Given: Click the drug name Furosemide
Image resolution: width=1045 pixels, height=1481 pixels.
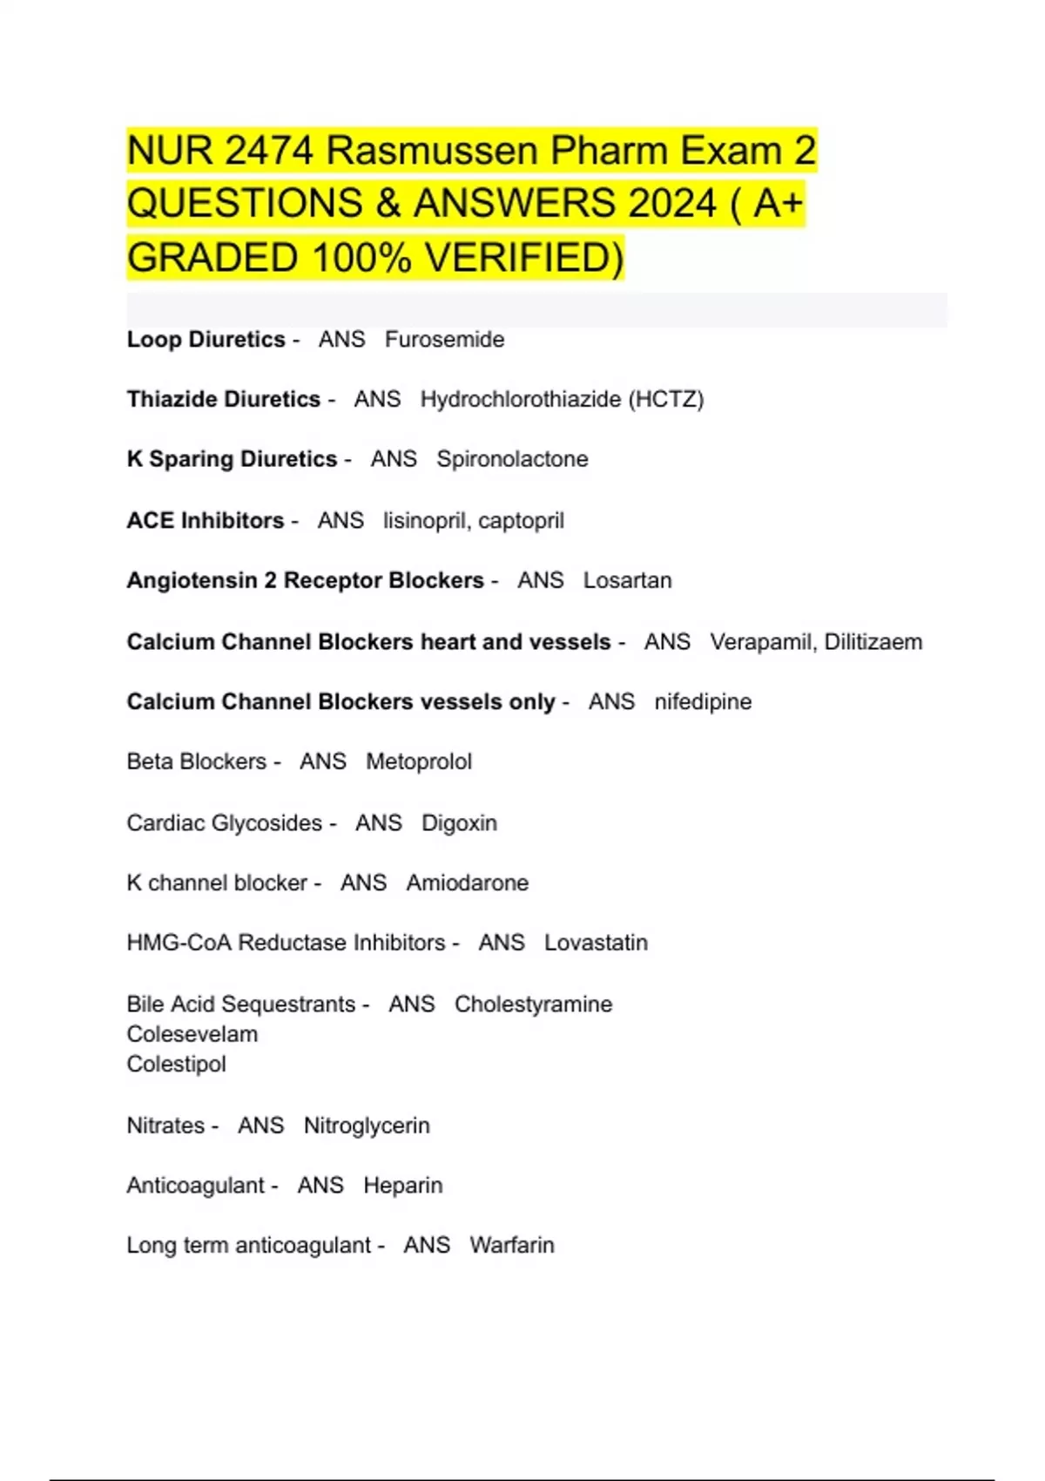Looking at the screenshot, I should [x=444, y=339].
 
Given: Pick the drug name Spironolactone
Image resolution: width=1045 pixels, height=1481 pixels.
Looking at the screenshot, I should [x=512, y=459].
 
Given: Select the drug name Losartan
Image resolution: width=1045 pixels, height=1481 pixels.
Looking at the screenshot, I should [x=627, y=580].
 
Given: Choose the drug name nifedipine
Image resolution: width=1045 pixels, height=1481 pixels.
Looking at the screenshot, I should [x=703, y=701].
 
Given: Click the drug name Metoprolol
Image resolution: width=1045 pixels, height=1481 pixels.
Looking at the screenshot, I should [x=418, y=761].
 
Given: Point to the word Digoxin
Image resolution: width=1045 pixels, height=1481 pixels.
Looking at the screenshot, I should [x=459, y=822].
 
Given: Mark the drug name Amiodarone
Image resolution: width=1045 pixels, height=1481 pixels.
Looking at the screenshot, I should [x=467, y=883].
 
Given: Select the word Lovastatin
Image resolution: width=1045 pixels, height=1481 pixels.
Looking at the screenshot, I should [x=596, y=943].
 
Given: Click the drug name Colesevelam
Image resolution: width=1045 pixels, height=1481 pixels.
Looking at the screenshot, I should [x=192, y=1034].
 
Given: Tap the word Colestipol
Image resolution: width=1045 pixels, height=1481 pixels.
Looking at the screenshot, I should [x=176, y=1064].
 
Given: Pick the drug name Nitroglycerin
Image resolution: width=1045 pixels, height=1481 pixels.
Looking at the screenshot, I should [x=367, y=1126].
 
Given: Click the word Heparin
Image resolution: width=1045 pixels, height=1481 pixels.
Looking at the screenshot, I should [x=402, y=1186].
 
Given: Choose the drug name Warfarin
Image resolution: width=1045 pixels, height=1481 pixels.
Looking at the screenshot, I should [x=511, y=1245].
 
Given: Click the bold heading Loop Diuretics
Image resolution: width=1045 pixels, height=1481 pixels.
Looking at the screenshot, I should [x=206, y=339].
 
